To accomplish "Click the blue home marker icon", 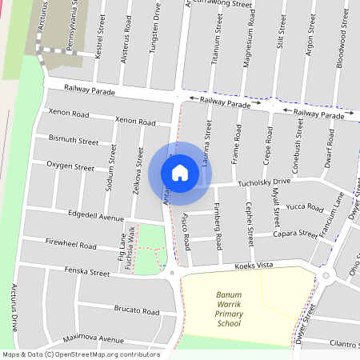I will [180, 172].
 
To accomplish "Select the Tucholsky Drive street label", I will [263, 182].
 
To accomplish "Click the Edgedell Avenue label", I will [96, 218].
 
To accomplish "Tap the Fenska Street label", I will [88, 273].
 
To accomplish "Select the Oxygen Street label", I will [70, 166].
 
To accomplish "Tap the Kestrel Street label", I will [100, 41].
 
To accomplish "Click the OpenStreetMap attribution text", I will [80, 354].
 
